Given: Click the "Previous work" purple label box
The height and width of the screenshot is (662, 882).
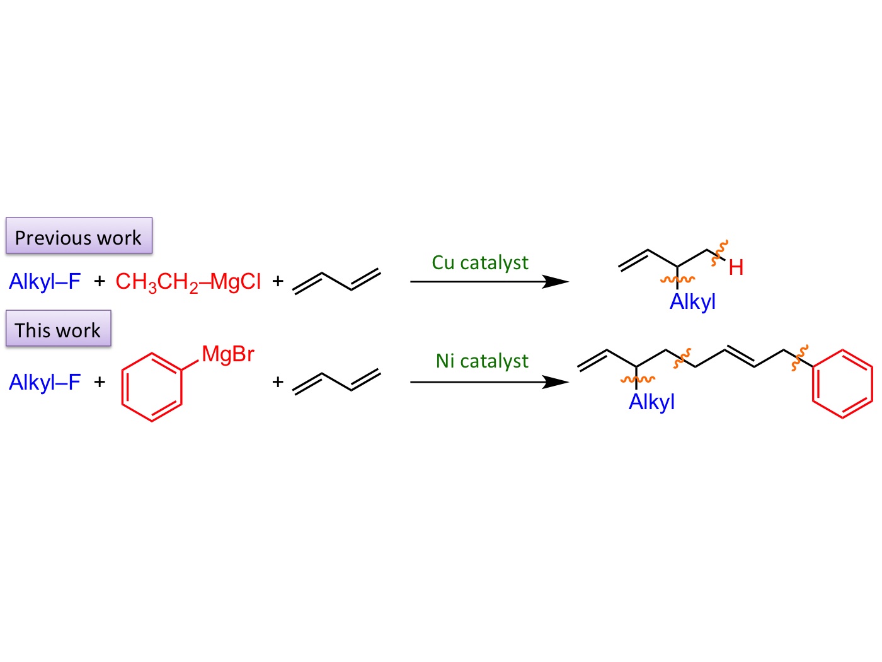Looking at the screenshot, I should [x=79, y=236].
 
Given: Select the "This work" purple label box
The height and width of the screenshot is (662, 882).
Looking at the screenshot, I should [x=58, y=328].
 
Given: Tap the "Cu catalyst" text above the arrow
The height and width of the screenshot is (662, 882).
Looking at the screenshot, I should [x=480, y=262].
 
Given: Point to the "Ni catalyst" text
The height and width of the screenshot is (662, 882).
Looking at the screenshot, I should [x=482, y=361].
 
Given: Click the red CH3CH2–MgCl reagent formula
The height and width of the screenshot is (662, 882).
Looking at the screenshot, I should [x=188, y=281].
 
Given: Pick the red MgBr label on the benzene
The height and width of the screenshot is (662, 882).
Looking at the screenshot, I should [x=228, y=354].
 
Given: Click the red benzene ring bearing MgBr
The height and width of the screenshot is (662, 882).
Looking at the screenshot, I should [x=152, y=386].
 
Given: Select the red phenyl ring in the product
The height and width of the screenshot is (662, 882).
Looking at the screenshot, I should [x=843, y=383].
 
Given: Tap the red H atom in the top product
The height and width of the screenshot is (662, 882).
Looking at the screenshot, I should [x=736, y=268].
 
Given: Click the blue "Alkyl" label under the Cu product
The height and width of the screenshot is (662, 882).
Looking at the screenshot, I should [x=692, y=302].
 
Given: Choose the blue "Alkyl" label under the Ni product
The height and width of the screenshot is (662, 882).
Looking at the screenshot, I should [x=651, y=402].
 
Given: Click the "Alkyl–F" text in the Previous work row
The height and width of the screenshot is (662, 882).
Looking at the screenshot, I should [x=45, y=281].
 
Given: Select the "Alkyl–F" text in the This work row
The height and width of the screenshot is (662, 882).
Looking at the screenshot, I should [x=45, y=382].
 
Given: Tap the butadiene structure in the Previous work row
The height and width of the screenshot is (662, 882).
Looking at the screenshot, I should [x=337, y=281].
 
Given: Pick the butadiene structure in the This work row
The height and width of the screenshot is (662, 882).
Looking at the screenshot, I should [x=337, y=381].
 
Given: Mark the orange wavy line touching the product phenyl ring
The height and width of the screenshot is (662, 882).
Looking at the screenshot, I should [x=799, y=357].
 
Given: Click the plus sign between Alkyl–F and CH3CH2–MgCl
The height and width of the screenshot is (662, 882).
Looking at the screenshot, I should [x=100, y=281].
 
